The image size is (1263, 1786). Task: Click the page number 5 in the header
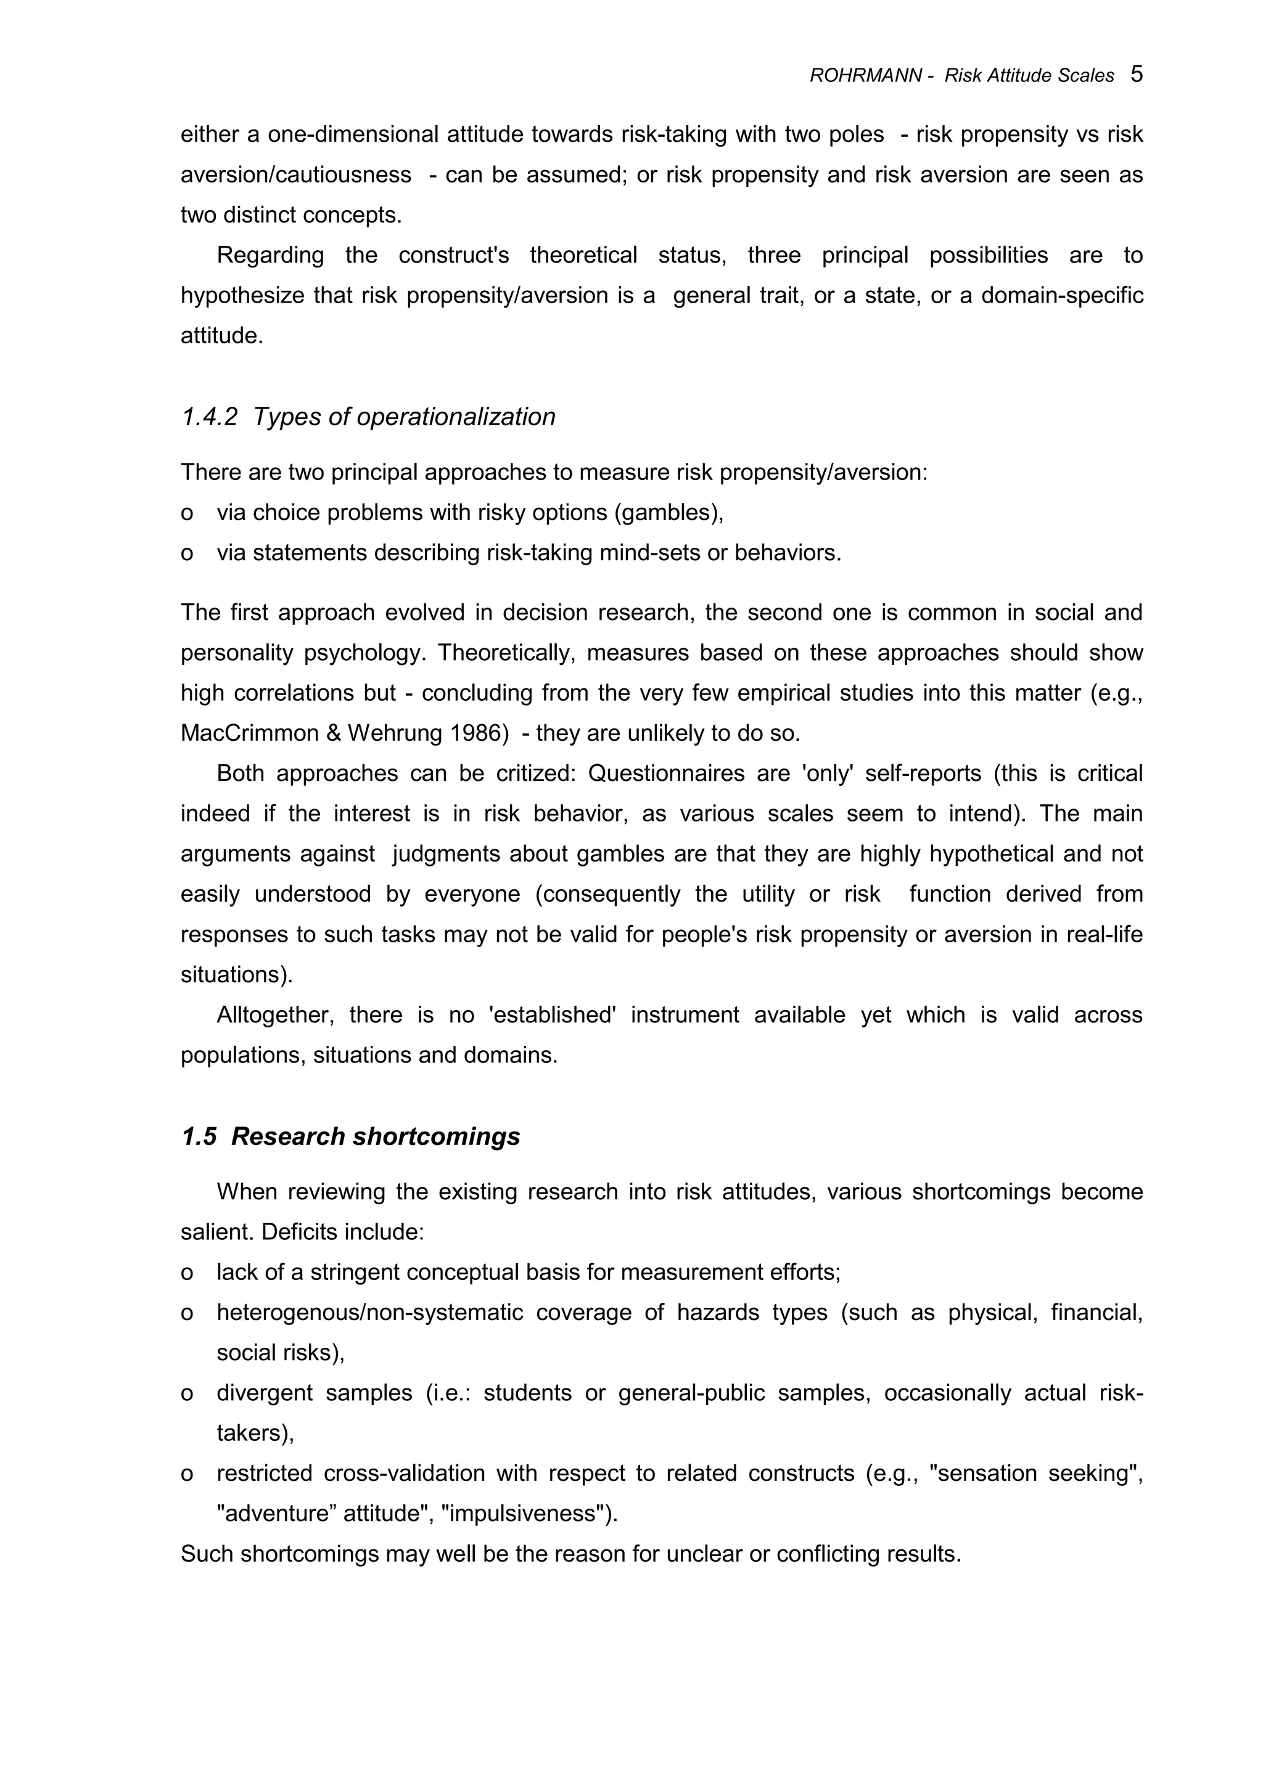click(1136, 75)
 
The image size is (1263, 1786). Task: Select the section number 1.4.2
click(209, 418)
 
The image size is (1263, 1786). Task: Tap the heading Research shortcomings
click(375, 1136)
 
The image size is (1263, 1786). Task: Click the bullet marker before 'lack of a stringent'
click(187, 1273)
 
